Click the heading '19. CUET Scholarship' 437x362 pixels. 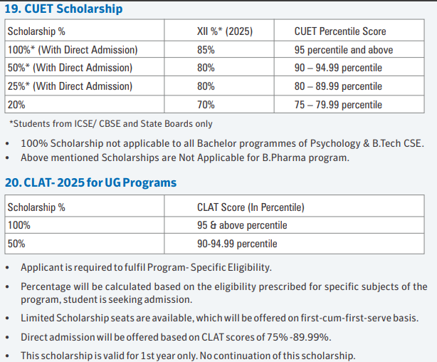coord(63,9)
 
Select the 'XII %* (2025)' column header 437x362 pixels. coord(224,32)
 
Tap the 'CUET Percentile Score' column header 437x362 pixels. coord(340,32)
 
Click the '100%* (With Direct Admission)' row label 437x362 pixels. coord(72,51)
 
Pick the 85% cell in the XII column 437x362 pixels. coord(206,51)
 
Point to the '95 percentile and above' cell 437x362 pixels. coord(343,51)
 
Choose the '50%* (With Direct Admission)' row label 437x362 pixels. coord(70,68)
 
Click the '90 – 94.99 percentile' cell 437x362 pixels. coord(338,68)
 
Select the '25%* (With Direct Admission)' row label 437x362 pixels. coord(70,86)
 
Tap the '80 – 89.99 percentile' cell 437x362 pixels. coord(338,86)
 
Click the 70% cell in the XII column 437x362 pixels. coord(206,104)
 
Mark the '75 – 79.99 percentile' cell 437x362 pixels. coord(338,104)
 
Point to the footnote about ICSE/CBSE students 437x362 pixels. coord(111,124)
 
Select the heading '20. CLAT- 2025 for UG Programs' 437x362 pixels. coord(91,182)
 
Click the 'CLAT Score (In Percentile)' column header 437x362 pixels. coord(250,207)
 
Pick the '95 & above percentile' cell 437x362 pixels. coord(242,225)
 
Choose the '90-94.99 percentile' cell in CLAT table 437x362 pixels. coord(237,244)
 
